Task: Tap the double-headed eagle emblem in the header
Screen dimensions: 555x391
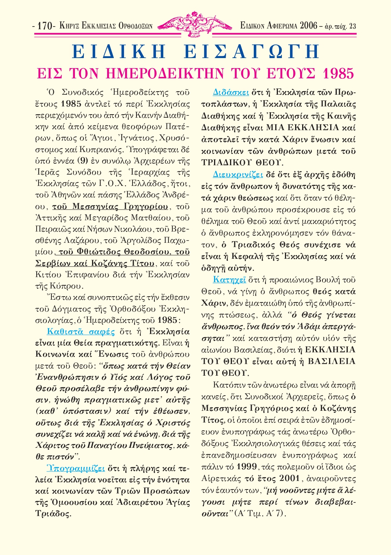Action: pyautogui.click(x=195, y=24)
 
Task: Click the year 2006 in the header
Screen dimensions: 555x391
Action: pyautogui.click(x=308, y=26)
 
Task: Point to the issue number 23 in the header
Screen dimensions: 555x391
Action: pyautogui.click(x=352, y=26)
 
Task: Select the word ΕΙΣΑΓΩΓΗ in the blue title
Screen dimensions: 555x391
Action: pyautogui.click(x=251, y=52)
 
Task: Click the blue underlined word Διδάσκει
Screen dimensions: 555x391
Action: pyautogui.click(x=231, y=93)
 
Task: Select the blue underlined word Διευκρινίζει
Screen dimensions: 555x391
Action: pyautogui.click(x=238, y=175)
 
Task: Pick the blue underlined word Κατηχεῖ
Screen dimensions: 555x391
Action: pyautogui.click(x=229, y=280)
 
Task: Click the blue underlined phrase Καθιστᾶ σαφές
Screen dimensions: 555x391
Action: pyautogui.click(x=81, y=332)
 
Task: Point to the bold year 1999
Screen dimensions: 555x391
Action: pyautogui.click(x=247, y=467)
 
